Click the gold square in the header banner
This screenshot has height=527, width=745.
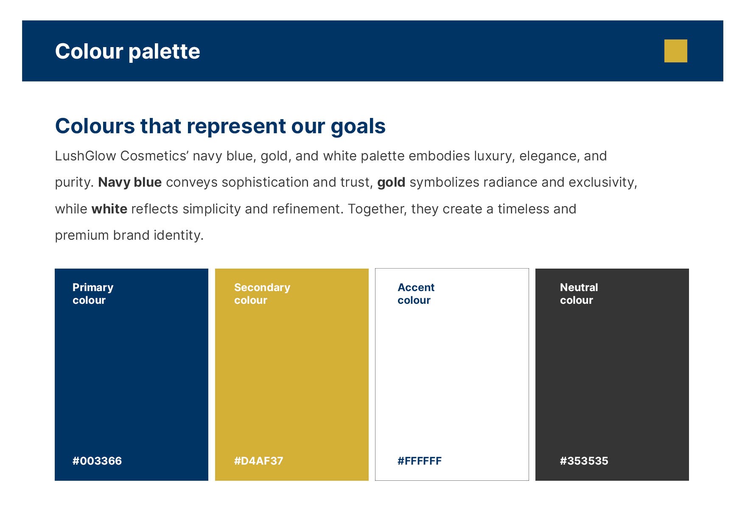pos(675,51)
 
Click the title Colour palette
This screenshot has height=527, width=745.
pos(127,51)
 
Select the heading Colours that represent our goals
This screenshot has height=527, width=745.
pos(220,126)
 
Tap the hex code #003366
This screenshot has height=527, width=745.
pos(97,461)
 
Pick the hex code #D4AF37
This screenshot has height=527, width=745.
pos(259,461)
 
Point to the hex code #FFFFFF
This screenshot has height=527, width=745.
pos(420,461)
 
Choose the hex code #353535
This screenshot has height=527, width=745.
pos(584,461)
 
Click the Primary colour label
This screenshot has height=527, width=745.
pos(93,294)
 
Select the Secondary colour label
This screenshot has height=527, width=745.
pos(262,294)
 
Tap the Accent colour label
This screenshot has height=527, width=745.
pos(416,294)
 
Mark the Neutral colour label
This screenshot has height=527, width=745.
pos(579,294)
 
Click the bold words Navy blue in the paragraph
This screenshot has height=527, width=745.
pos(130,182)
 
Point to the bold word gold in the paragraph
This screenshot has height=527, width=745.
pos(391,183)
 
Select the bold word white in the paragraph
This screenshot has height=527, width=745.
pos(109,209)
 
